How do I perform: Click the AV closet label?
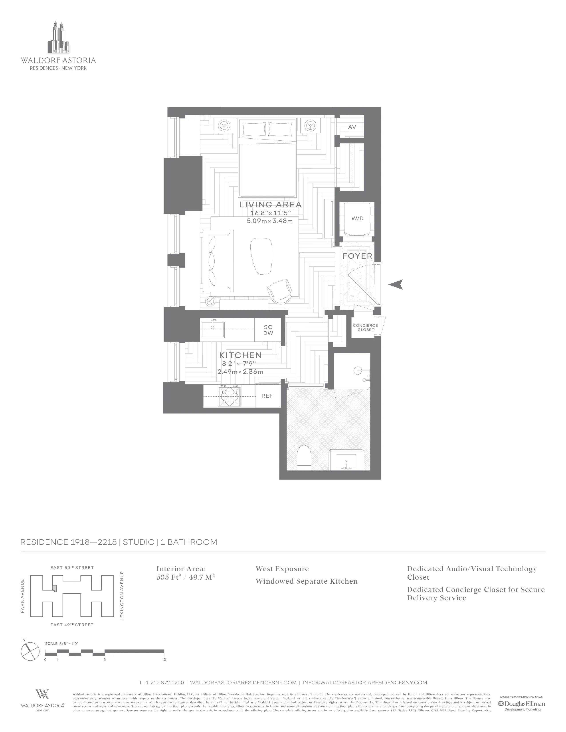[352, 127]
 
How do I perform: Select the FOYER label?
[357, 256]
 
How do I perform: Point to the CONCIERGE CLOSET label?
[365, 327]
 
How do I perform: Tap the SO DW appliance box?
[268, 330]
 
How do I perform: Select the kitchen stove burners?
[230, 396]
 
